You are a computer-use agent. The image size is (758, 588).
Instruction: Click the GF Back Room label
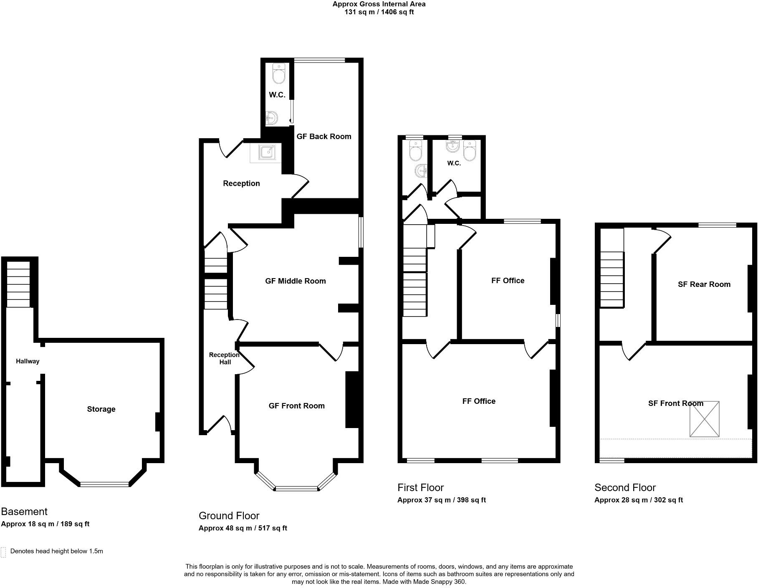pyautogui.click(x=323, y=137)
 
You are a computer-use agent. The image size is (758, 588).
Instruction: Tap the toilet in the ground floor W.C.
pyautogui.click(x=278, y=73)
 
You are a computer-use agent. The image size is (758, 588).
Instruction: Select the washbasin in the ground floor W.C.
pyautogui.click(x=272, y=118)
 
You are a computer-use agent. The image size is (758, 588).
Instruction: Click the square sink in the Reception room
pyautogui.click(x=266, y=152)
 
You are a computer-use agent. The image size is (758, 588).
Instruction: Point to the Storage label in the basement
pyautogui.click(x=101, y=409)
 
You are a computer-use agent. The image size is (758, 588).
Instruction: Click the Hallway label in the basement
pyautogui.click(x=28, y=361)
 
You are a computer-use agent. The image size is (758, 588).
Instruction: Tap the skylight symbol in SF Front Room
pyautogui.click(x=704, y=419)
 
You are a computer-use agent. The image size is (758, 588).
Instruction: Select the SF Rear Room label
pyautogui.click(x=704, y=284)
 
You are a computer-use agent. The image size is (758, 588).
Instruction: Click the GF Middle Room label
pyautogui.click(x=295, y=281)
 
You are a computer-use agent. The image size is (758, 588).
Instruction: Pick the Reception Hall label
pyautogui.click(x=224, y=358)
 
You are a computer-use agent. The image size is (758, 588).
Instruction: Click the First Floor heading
pyautogui.click(x=420, y=487)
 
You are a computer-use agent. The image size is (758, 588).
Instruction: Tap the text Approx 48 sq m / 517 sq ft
pyautogui.click(x=243, y=528)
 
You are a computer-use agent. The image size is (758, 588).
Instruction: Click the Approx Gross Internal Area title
pyautogui.click(x=379, y=4)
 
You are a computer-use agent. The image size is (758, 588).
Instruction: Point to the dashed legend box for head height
pyautogui.click(x=3, y=552)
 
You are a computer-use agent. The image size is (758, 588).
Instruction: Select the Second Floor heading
pyautogui.click(x=625, y=487)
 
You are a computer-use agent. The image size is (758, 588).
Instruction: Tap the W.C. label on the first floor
pyautogui.click(x=454, y=163)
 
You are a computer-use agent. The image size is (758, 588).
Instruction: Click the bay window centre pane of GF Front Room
pyautogui.click(x=296, y=488)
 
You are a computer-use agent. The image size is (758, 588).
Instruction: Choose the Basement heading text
pyautogui.click(x=24, y=512)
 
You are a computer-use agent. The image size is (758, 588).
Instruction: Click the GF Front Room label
pyautogui.click(x=296, y=406)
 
